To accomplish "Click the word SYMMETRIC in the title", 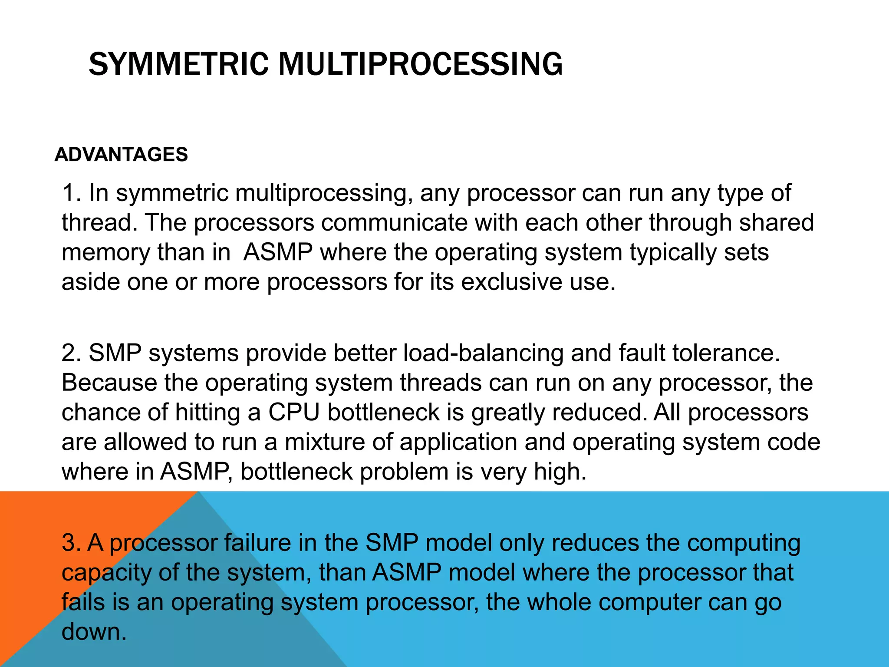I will coord(179,64).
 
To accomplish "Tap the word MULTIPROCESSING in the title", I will coord(420,64).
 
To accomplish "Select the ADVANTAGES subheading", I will coord(121,155).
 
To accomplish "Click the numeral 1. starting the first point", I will coord(72,193).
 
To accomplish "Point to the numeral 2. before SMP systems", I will coord(72,353).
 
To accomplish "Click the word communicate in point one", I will coord(394,223).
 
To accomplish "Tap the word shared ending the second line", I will coord(777,223).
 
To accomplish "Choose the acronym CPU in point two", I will coord(294,412).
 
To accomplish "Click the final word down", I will coord(94,632).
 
